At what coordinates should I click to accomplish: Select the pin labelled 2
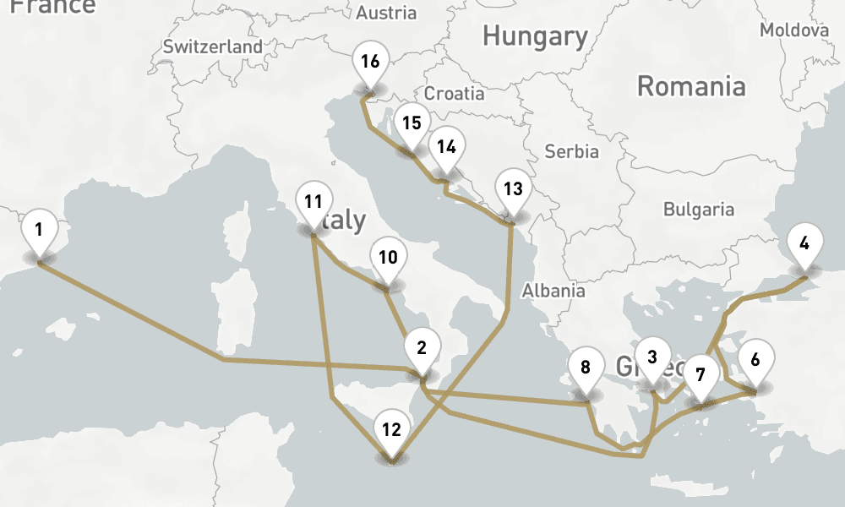coord(422,346)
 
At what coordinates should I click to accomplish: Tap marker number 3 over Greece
coord(651,357)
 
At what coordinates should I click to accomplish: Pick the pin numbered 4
coord(804,243)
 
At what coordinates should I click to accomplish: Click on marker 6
coord(755,358)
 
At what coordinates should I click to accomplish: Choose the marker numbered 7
coord(699,373)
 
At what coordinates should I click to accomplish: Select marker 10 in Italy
coord(388,257)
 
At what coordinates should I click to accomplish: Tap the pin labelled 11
coord(313,202)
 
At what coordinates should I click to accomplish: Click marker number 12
coord(390,428)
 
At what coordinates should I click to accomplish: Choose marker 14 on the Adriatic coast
coord(446,146)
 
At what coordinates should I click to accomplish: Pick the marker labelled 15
coord(412,123)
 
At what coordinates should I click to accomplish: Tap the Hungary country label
coord(535,36)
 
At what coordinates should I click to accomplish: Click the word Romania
coord(691,86)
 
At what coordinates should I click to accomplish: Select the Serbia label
coord(572,152)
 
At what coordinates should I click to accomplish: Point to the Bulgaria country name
coord(699,209)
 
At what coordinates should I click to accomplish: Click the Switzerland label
coord(213,47)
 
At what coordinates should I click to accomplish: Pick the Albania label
coord(553,290)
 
